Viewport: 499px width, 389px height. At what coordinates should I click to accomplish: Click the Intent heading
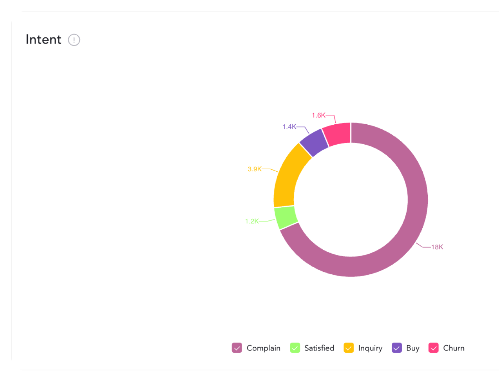[43, 40]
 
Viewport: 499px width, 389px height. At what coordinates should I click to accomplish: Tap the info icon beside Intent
[74, 40]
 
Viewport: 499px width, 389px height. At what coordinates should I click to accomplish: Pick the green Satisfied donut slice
[286, 217]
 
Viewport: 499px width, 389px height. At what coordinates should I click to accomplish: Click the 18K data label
[437, 247]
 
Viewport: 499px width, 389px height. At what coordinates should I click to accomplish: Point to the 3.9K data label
[254, 169]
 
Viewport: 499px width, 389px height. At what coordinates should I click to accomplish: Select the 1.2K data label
[252, 221]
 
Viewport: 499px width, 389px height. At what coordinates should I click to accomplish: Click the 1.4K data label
[289, 127]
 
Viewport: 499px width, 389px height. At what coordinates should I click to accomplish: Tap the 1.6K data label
[318, 115]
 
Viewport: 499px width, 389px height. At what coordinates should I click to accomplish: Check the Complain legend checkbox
[237, 348]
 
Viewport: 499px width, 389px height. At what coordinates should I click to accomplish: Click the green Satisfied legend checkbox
[295, 348]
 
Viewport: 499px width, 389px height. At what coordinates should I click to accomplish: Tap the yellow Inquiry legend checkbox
[349, 348]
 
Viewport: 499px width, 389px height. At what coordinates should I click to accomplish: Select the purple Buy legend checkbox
[397, 348]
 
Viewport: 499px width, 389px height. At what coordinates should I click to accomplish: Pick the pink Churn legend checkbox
[433, 348]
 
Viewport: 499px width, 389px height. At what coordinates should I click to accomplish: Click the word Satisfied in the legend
[319, 348]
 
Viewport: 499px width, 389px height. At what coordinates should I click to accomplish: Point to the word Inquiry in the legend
[370, 348]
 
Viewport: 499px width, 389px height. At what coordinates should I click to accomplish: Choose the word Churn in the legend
[454, 348]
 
